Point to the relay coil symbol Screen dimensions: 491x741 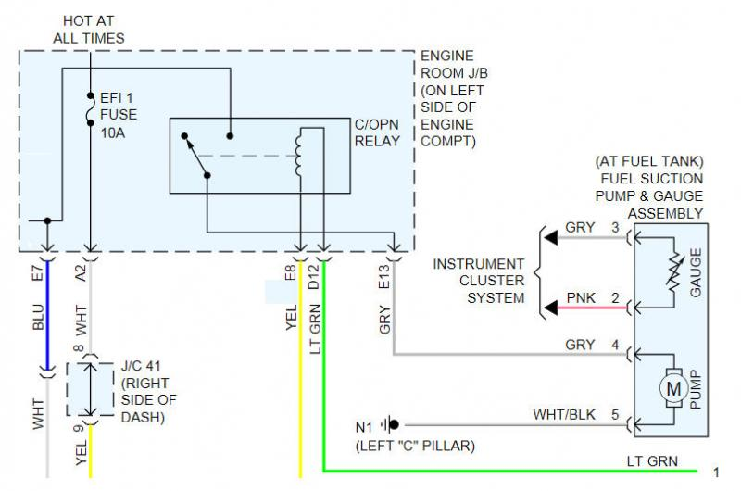point(299,154)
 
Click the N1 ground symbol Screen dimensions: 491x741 point(393,425)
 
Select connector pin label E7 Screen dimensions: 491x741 point(38,273)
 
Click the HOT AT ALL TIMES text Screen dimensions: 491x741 point(89,29)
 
